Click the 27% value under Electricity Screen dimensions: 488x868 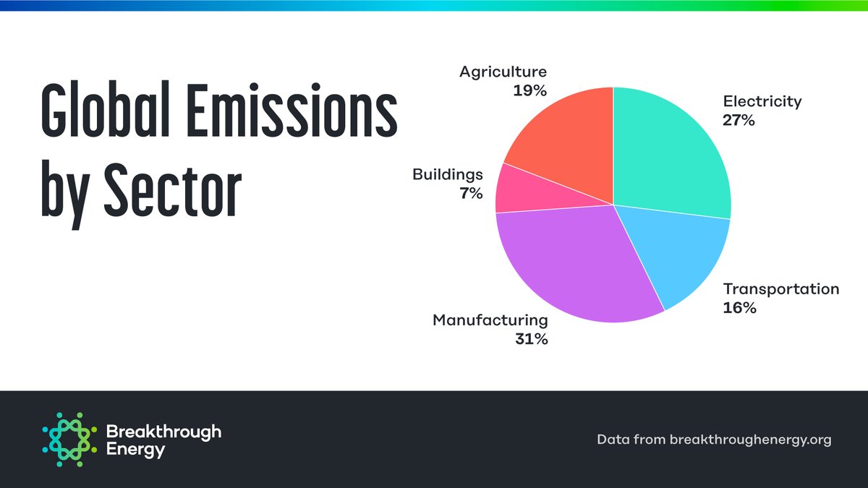739,120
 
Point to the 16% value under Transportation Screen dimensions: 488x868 739,308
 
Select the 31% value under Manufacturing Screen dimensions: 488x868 531,338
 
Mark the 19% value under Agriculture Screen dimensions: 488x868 530,90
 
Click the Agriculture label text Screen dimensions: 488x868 503,72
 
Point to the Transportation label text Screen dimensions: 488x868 781,289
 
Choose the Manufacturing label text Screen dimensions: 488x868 490,320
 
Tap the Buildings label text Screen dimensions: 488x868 447,174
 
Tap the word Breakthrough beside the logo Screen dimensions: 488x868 163,432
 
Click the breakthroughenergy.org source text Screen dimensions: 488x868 750,439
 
